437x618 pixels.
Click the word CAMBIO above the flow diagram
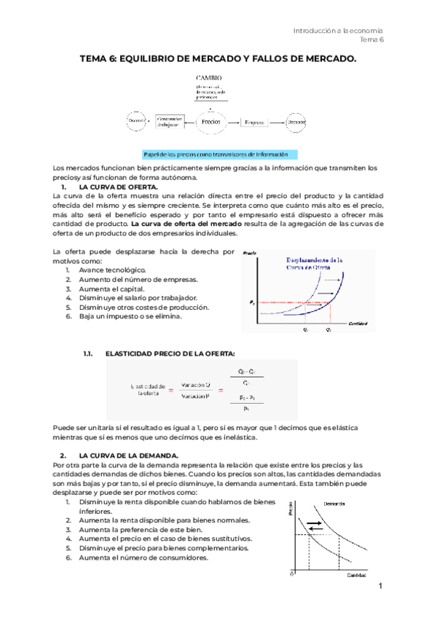tap(208, 77)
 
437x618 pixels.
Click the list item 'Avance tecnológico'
tap(109, 270)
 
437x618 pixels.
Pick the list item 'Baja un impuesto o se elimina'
tap(130, 316)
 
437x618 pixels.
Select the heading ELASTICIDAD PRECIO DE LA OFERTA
tap(170, 353)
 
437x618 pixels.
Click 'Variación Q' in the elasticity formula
tap(197, 384)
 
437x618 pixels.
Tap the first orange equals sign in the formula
tap(170, 391)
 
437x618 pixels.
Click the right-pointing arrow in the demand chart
tap(317, 523)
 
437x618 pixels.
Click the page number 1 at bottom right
tap(380, 587)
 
